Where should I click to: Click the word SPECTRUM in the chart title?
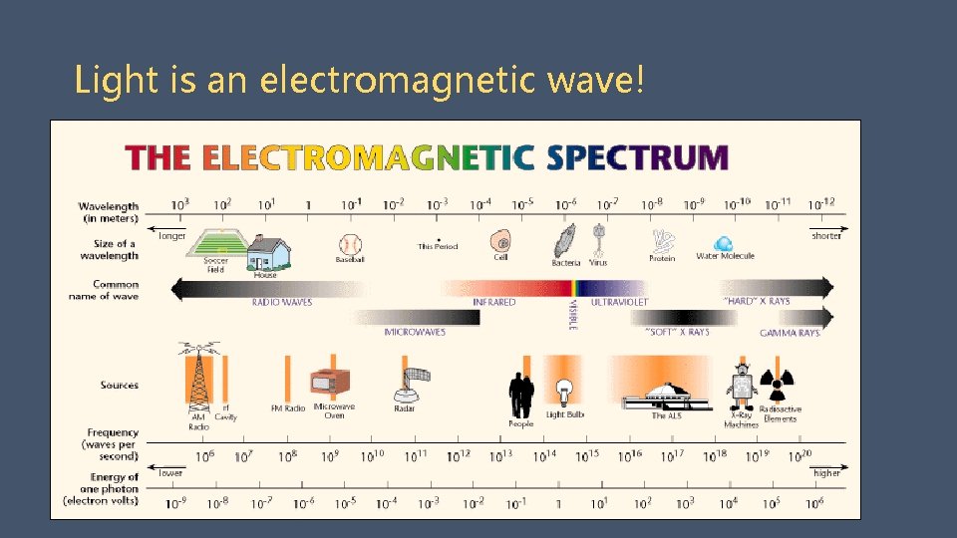click(638, 157)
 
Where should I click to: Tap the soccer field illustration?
click(216, 244)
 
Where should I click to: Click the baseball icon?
click(350, 243)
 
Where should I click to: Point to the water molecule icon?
click(724, 243)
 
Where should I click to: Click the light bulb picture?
click(564, 391)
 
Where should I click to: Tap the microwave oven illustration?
click(329, 384)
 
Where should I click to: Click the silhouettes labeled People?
click(521, 395)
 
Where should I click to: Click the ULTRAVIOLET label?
click(619, 302)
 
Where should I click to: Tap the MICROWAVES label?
click(415, 332)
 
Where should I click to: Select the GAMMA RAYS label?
click(790, 333)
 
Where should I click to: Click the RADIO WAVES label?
click(281, 302)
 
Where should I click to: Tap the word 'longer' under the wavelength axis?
click(172, 236)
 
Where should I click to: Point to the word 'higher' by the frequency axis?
click(826, 473)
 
